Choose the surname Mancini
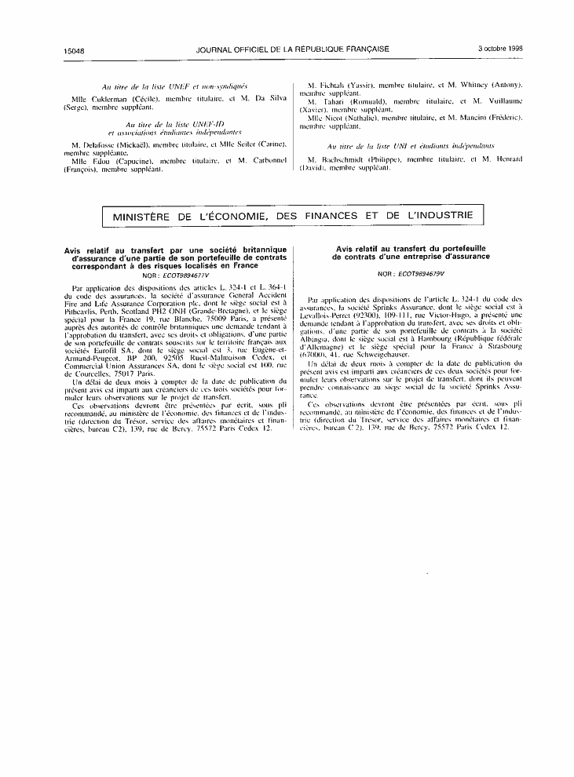point(477,117)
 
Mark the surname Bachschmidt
point(350,159)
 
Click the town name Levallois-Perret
point(329,316)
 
